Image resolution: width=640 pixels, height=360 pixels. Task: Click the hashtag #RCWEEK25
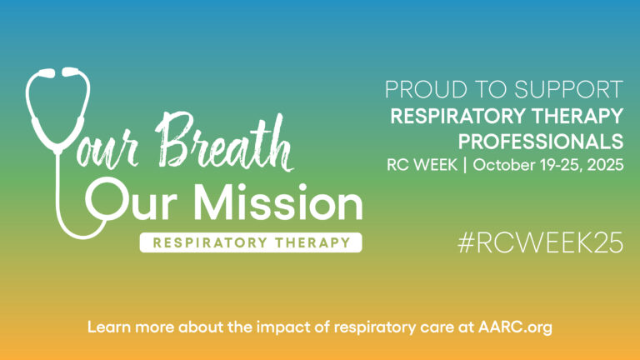coord(540,243)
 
